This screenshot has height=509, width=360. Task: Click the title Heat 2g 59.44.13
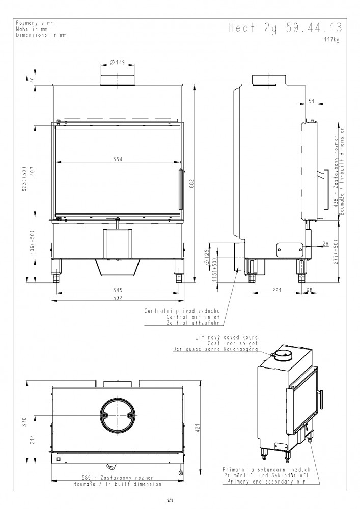point(285,28)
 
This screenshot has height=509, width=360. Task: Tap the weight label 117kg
point(332,40)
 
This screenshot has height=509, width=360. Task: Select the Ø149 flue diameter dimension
point(117,62)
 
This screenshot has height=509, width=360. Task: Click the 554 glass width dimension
point(118,159)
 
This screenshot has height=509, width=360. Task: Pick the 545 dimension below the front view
point(118,290)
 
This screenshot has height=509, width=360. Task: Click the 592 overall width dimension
point(118,298)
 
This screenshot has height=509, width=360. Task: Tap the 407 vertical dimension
point(32,172)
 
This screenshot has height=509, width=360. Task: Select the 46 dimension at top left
point(32,80)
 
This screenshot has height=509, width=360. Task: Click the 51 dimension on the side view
point(311,101)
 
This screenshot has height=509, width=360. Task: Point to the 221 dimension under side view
point(276,290)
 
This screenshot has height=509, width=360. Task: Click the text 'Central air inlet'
point(193,317)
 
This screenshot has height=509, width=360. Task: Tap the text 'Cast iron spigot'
point(232,343)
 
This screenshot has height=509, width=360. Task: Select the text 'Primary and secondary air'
point(266,482)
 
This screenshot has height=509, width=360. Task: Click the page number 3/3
point(169,501)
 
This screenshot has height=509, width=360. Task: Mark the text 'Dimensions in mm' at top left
point(41,35)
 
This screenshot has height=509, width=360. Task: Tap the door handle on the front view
point(180,189)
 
